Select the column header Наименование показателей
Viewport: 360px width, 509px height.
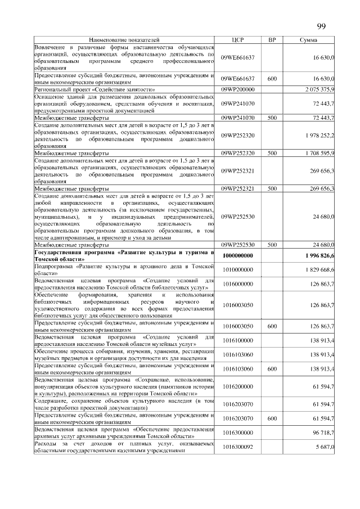pyautogui.click(x=124, y=40)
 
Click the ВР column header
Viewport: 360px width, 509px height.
pyautogui.click(x=272, y=40)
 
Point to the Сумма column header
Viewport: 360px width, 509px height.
pyautogui.click(x=309, y=40)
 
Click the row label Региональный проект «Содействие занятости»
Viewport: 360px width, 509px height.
pyautogui.click(x=94, y=89)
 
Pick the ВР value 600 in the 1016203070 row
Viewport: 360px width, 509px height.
pyautogui.click(x=272, y=418)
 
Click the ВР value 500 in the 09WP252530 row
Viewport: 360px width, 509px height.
pyautogui.click(x=272, y=245)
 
